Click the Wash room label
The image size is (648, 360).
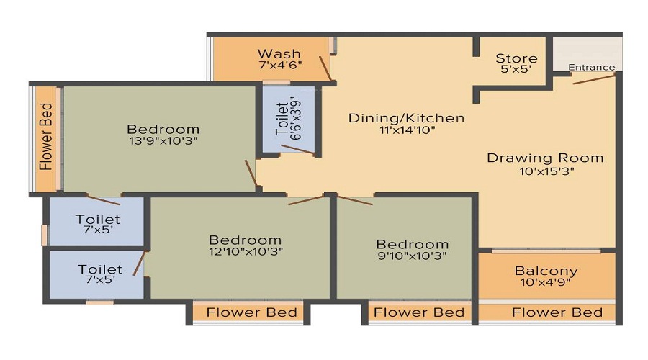point(279,54)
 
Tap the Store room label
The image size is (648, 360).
point(516,58)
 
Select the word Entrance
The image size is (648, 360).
point(592,68)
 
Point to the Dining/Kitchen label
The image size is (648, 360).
point(407,118)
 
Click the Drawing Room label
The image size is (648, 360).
point(545,158)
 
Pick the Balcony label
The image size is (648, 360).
point(546,271)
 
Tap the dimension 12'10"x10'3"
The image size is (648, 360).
point(245,251)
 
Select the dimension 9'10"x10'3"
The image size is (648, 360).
point(412,256)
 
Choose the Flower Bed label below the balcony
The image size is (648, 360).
point(557,312)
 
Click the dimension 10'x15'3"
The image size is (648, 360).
point(545,171)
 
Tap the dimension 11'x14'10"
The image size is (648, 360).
point(407,130)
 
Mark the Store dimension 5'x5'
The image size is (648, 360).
point(516,71)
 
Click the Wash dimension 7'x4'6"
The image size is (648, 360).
point(279,66)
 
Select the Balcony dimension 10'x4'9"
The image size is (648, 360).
point(546,284)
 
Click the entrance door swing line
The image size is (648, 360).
point(595,78)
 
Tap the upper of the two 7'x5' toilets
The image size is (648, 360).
point(98,224)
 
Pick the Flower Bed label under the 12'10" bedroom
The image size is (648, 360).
point(251,312)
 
